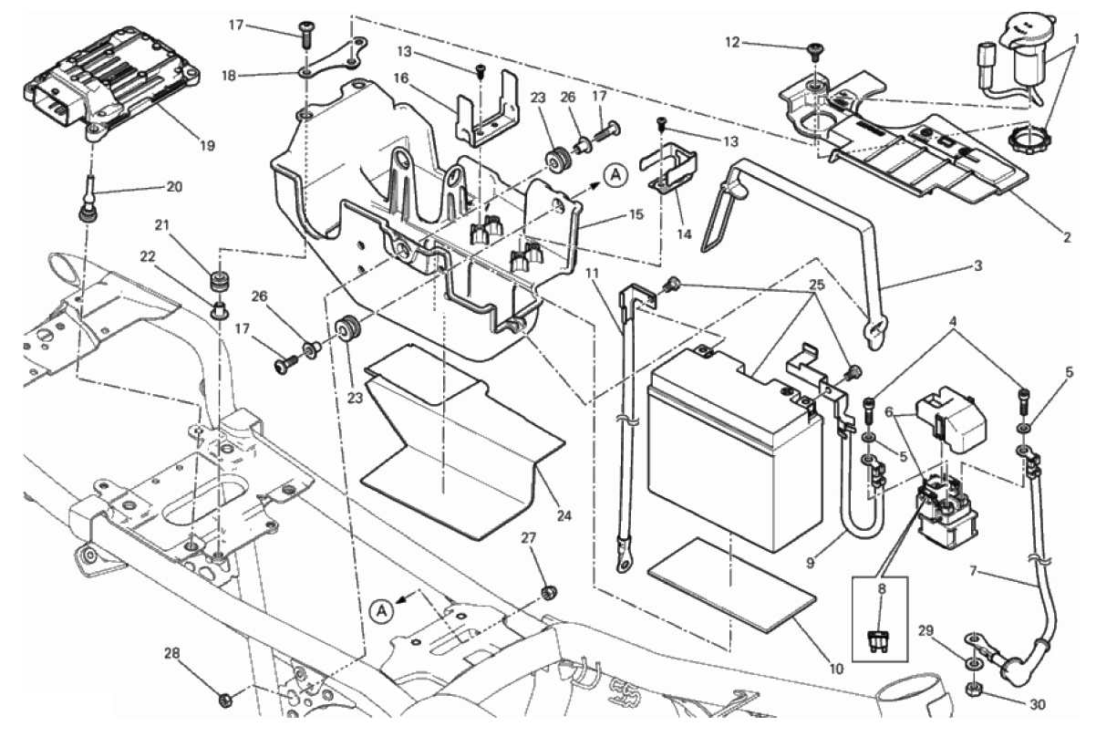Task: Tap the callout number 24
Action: (564, 515)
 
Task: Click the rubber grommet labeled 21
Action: (218, 276)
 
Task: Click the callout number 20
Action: (174, 187)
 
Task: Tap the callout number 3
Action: (977, 267)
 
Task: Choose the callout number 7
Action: (973, 573)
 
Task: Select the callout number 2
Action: (1064, 239)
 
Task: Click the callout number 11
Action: (594, 273)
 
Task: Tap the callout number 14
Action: (685, 234)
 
